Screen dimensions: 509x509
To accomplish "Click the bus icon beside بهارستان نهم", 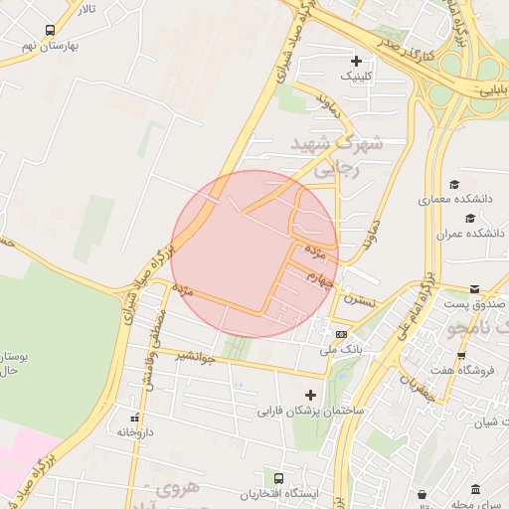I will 51,31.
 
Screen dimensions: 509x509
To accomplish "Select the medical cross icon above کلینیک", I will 357,61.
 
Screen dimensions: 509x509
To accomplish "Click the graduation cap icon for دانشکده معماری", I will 455,185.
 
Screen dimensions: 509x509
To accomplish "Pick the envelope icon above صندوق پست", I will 474,287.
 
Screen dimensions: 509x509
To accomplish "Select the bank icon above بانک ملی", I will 342,334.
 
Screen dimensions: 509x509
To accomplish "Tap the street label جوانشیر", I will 195,355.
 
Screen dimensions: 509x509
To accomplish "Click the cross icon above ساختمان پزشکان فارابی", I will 311,395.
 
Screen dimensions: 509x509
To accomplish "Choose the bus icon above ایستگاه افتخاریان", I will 280,478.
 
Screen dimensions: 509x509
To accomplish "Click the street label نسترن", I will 359,298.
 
